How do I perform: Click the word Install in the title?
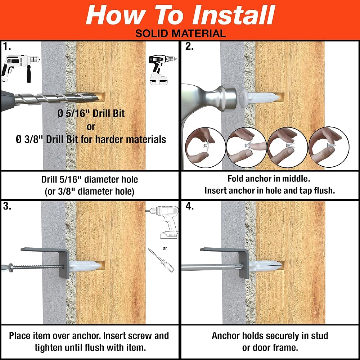pyautogui.click(x=234, y=15)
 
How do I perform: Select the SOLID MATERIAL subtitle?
pyautogui.click(x=180, y=33)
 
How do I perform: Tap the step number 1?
pyautogui.click(x=6, y=46)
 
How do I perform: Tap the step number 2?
pyautogui.click(x=189, y=46)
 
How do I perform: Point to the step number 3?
pyautogui.click(x=7, y=206)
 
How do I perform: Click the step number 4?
pyautogui.click(x=189, y=206)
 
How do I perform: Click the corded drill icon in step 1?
pyautogui.click(x=20, y=68)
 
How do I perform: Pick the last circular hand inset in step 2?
pyautogui.click(x=329, y=147)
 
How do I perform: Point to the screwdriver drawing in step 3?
pyautogui.click(x=161, y=260)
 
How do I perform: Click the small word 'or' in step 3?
pyautogui.click(x=165, y=248)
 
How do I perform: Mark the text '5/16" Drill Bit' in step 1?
pyautogui.click(x=95, y=113)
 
